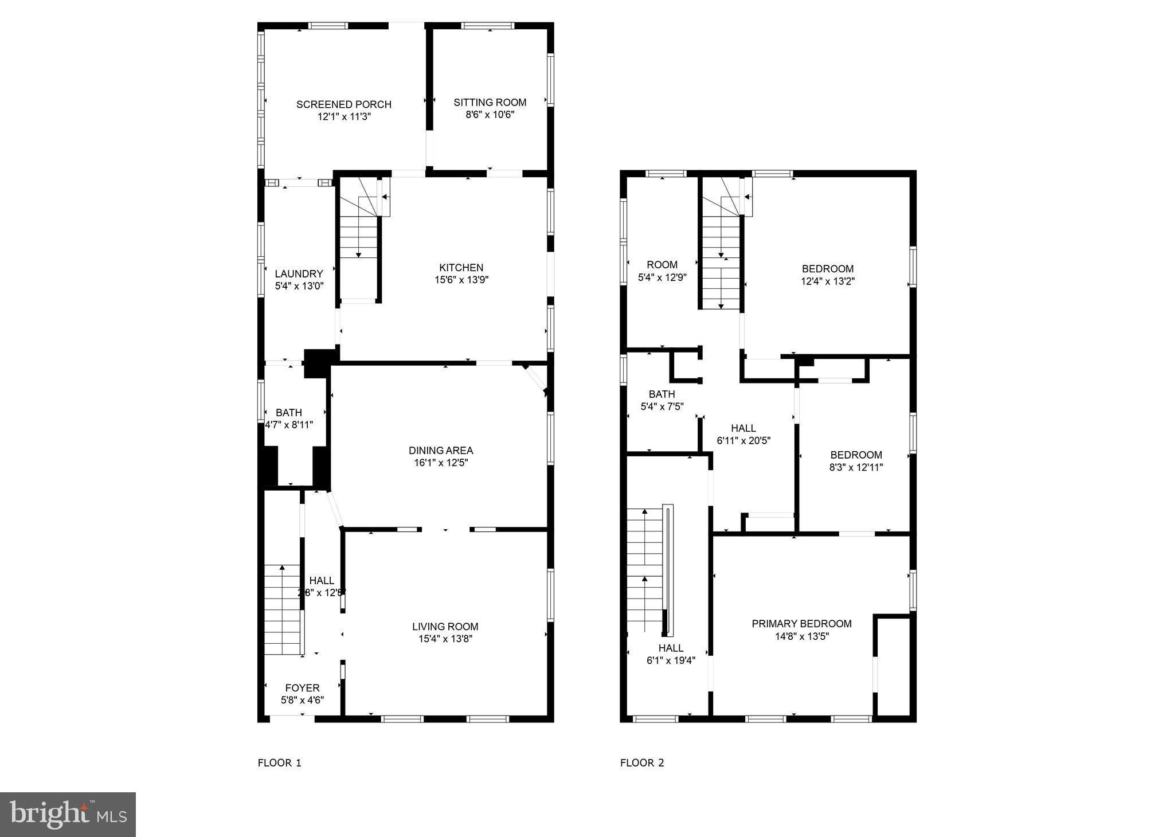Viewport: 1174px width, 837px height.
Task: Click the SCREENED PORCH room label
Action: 343,104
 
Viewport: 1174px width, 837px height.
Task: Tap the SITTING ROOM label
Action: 490,103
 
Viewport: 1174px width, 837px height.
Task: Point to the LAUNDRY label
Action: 299,274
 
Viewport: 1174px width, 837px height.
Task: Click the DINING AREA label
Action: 440,451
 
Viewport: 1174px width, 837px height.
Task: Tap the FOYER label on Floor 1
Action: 302,688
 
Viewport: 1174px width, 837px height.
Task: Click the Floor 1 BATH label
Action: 288,413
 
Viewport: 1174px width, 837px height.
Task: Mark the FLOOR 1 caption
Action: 279,763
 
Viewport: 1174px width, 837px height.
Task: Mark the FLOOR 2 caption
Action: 641,763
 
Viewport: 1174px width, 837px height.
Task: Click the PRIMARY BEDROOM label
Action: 801,624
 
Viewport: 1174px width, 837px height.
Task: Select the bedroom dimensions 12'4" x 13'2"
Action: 827,281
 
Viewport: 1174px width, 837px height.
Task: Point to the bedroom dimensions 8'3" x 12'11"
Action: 856,467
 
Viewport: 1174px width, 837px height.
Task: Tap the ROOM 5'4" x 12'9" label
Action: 662,265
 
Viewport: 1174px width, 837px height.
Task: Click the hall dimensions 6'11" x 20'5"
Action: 743,441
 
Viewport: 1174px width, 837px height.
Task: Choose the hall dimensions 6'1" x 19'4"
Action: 670,660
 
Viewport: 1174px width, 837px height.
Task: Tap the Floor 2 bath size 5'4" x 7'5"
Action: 662,406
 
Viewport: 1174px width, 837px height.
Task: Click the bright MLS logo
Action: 68,815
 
